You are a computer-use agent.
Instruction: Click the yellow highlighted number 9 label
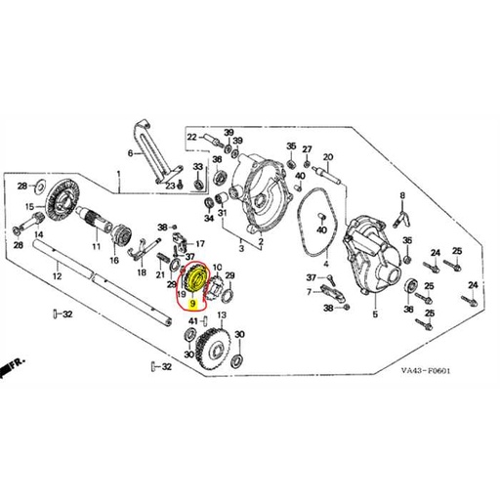tap(193, 304)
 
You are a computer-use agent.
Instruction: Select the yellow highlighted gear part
tap(194, 279)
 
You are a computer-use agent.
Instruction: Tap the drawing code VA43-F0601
tap(426, 371)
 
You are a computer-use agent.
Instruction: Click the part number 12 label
tap(57, 276)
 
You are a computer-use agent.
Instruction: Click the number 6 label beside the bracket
tap(130, 153)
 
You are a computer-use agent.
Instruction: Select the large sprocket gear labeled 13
tap(213, 350)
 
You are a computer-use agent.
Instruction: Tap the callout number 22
tap(191, 137)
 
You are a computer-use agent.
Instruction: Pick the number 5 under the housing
tap(375, 314)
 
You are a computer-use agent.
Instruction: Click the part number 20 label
tap(328, 157)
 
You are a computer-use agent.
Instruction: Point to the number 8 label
tap(402, 195)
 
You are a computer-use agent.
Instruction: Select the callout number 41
tap(193, 321)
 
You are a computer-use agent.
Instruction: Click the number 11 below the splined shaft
tap(96, 246)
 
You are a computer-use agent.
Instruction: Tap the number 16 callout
tap(114, 261)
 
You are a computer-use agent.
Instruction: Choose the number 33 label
tap(198, 167)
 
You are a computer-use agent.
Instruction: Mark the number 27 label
tap(307, 149)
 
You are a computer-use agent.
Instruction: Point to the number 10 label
tap(217, 268)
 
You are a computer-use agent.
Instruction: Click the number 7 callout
tap(309, 292)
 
